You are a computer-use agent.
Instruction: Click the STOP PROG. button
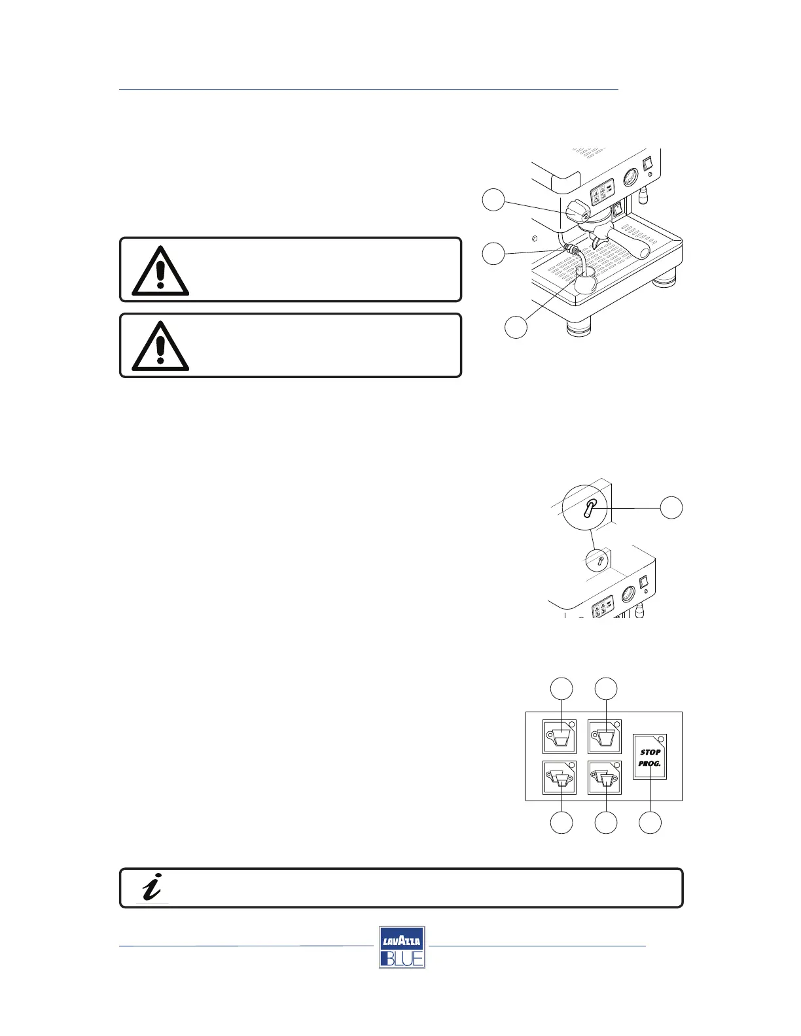coord(650,757)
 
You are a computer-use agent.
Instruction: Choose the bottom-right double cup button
coord(605,778)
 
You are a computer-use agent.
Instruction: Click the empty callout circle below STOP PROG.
coord(650,823)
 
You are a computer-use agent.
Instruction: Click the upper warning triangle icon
coord(160,271)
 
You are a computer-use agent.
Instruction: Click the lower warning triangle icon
coord(160,347)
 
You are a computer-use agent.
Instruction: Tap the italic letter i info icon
coord(152,888)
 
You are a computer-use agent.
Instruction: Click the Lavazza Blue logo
coord(402,947)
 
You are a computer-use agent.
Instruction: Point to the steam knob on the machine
coord(577,211)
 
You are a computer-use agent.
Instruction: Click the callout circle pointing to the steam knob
coord(493,199)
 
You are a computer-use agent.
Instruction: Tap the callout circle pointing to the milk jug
coord(516,327)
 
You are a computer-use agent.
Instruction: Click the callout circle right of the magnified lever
coord(671,508)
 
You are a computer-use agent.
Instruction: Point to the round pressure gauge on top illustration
coord(630,177)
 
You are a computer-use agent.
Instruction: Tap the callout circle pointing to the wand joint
coord(493,253)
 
